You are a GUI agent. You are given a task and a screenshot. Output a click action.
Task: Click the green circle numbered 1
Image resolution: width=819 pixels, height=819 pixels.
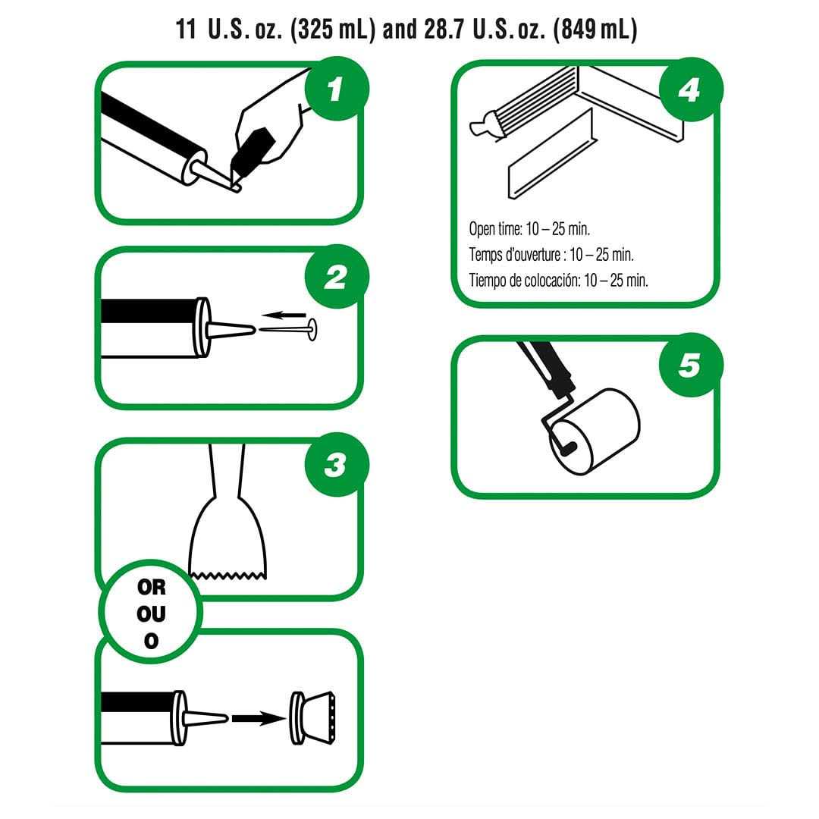pyautogui.click(x=337, y=89)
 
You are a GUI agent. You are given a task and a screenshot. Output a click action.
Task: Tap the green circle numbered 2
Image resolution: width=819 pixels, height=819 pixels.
pyautogui.click(x=337, y=276)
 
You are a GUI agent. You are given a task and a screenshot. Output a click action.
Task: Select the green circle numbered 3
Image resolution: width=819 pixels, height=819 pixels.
pyautogui.click(x=337, y=464)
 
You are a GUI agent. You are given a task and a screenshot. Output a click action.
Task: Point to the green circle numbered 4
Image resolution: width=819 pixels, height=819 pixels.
pyautogui.click(x=691, y=89)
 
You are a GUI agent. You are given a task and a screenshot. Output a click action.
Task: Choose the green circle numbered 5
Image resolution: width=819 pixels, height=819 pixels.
pyautogui.click(x=691, y=364)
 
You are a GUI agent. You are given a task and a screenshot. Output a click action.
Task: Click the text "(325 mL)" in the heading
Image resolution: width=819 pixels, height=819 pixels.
pyautogui.click(x=333, y=30)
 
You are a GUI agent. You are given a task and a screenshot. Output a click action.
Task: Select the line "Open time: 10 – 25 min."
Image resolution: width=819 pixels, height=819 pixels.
pyautogui.click(x=529, y=229)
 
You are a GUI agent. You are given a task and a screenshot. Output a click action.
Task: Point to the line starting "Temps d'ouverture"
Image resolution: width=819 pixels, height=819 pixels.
pyautogui.click(x=551, y=254)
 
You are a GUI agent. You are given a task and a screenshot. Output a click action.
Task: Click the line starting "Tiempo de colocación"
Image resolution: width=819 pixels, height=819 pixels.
pyautogui.click(x=558, y=281)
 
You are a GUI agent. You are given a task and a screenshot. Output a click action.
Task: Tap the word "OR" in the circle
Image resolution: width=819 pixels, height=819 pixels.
pyautogui.click(x=152, y=588)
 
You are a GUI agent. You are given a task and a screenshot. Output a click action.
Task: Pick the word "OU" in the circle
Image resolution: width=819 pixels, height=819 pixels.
pyautogui.click(x=152, y=614)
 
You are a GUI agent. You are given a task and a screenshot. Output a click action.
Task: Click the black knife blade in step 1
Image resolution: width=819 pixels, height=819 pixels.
pyautogui.click(x=252, y=150)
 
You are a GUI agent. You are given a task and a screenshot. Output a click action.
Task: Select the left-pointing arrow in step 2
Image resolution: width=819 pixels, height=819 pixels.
pyautogui.click(x=284, y=315)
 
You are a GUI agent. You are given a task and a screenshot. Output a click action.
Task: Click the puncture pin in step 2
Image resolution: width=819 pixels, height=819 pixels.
pyautogui.click(x=288, y=329)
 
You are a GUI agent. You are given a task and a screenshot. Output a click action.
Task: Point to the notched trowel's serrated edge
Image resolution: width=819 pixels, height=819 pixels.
pyautogui.click(x=227, y=575)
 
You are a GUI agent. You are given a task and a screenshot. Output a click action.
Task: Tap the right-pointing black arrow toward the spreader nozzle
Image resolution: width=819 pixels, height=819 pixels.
pyautogui.click(x=258, y=719)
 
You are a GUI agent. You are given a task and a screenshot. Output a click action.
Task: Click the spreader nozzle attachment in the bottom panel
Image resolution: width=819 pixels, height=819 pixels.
pyautogui.click(x=312, y=717)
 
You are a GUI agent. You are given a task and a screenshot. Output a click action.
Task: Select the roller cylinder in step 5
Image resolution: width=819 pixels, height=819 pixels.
pyautogui.click(x=595, y=432)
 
